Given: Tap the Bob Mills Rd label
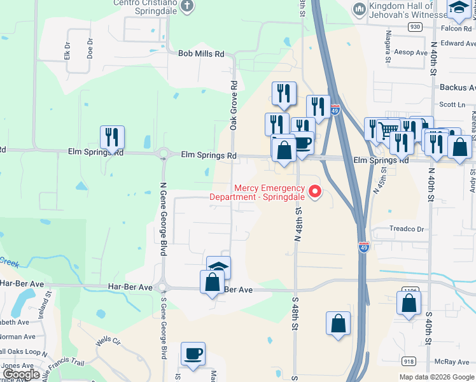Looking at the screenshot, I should coord(201,54).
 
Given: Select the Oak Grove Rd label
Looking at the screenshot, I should coord(234,106).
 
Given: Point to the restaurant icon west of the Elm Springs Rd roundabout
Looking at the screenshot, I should coord(112,138).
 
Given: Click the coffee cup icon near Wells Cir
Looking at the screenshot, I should coord(193,354).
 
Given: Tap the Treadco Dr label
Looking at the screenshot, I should coord(407,229).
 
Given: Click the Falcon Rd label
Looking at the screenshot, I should coord(454,28).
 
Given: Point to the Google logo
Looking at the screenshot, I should coord(22,374).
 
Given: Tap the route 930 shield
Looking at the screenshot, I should coord(416,27).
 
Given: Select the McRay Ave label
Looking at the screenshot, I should coord(453,362).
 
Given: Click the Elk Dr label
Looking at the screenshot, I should coord(67,50).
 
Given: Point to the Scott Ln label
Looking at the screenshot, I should coord(452,104).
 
